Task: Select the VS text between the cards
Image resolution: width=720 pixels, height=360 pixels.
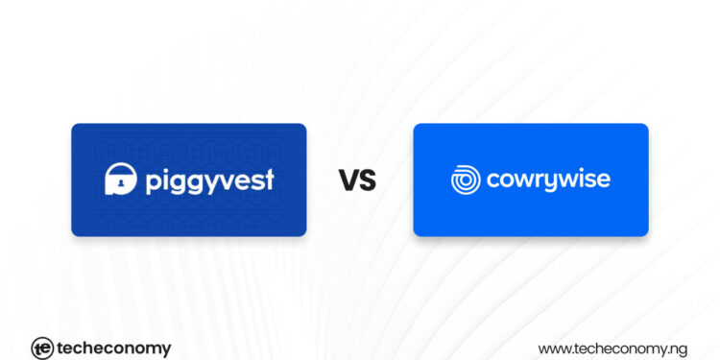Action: (x=357, y=179)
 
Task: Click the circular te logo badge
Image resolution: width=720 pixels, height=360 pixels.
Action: (x=41, y=348)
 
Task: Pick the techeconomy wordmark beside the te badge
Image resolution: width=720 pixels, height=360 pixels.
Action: (x=114, y=348)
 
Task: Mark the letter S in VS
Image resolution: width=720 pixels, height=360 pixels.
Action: (x=368, y=179)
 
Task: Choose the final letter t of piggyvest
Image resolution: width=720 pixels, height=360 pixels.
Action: (x=269, y=179)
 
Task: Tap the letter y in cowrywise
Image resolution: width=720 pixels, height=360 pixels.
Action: (x=551, y=182)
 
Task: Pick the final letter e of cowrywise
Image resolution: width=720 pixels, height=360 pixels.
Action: (x=603, y=180)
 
